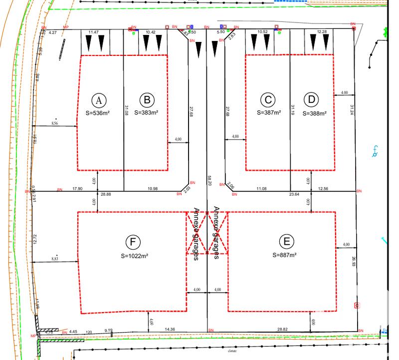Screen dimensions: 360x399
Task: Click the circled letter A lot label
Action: pyautogui.click(x=99, y=100)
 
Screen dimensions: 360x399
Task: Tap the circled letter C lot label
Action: pyautogui.click(x=268, y=100)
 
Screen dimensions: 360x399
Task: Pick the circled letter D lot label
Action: pyautogui.click(x=312, y=99)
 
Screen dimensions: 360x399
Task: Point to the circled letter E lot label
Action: pyautogui.click(x=286, y=242)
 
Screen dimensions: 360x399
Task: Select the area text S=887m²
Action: pyautogui.click(x=285, y=255)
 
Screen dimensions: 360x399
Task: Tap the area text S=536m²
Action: pyautogui.click(x=97, y=113)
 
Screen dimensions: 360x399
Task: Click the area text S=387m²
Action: pyautogui.click(x=269, y=113)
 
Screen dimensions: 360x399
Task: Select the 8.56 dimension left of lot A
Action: pyautogui.click(x=55, y=123)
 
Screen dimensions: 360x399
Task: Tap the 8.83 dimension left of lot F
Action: pyautogui.click(x=55, y=258)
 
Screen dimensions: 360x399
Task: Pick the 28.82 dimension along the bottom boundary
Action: pyautogui.click(x=282, y=330)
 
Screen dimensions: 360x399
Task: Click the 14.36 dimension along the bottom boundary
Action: pyautogui.click(x=170, y=330)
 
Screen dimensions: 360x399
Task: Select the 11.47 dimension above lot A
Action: pyautogui.click(x=93, y=32)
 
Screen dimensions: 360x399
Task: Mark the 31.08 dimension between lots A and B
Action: pyautogui.click(x=127, y=110)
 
